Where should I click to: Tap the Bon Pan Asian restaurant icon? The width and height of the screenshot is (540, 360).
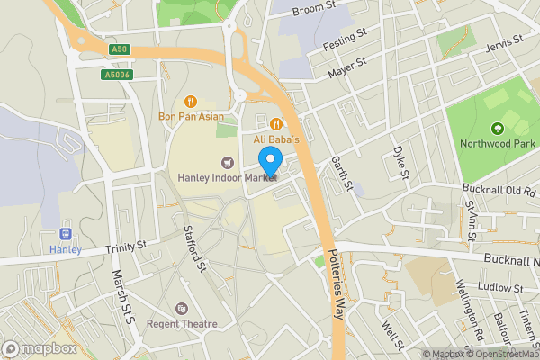click(x=190, y=102)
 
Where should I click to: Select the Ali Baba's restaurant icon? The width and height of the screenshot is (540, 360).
click(x=277, y=124)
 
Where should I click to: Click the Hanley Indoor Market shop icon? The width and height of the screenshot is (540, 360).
click(x=227, y=163)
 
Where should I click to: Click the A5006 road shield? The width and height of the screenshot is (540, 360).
click(x=117, y=76)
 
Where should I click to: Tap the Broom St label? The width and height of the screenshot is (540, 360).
click(x=315, y=6)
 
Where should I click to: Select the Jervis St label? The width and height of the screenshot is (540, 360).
click(x=503, y=44)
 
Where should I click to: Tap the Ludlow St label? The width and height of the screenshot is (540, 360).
click(x=502, y=288)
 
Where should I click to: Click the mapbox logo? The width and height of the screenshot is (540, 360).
click(x=40, y=348)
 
